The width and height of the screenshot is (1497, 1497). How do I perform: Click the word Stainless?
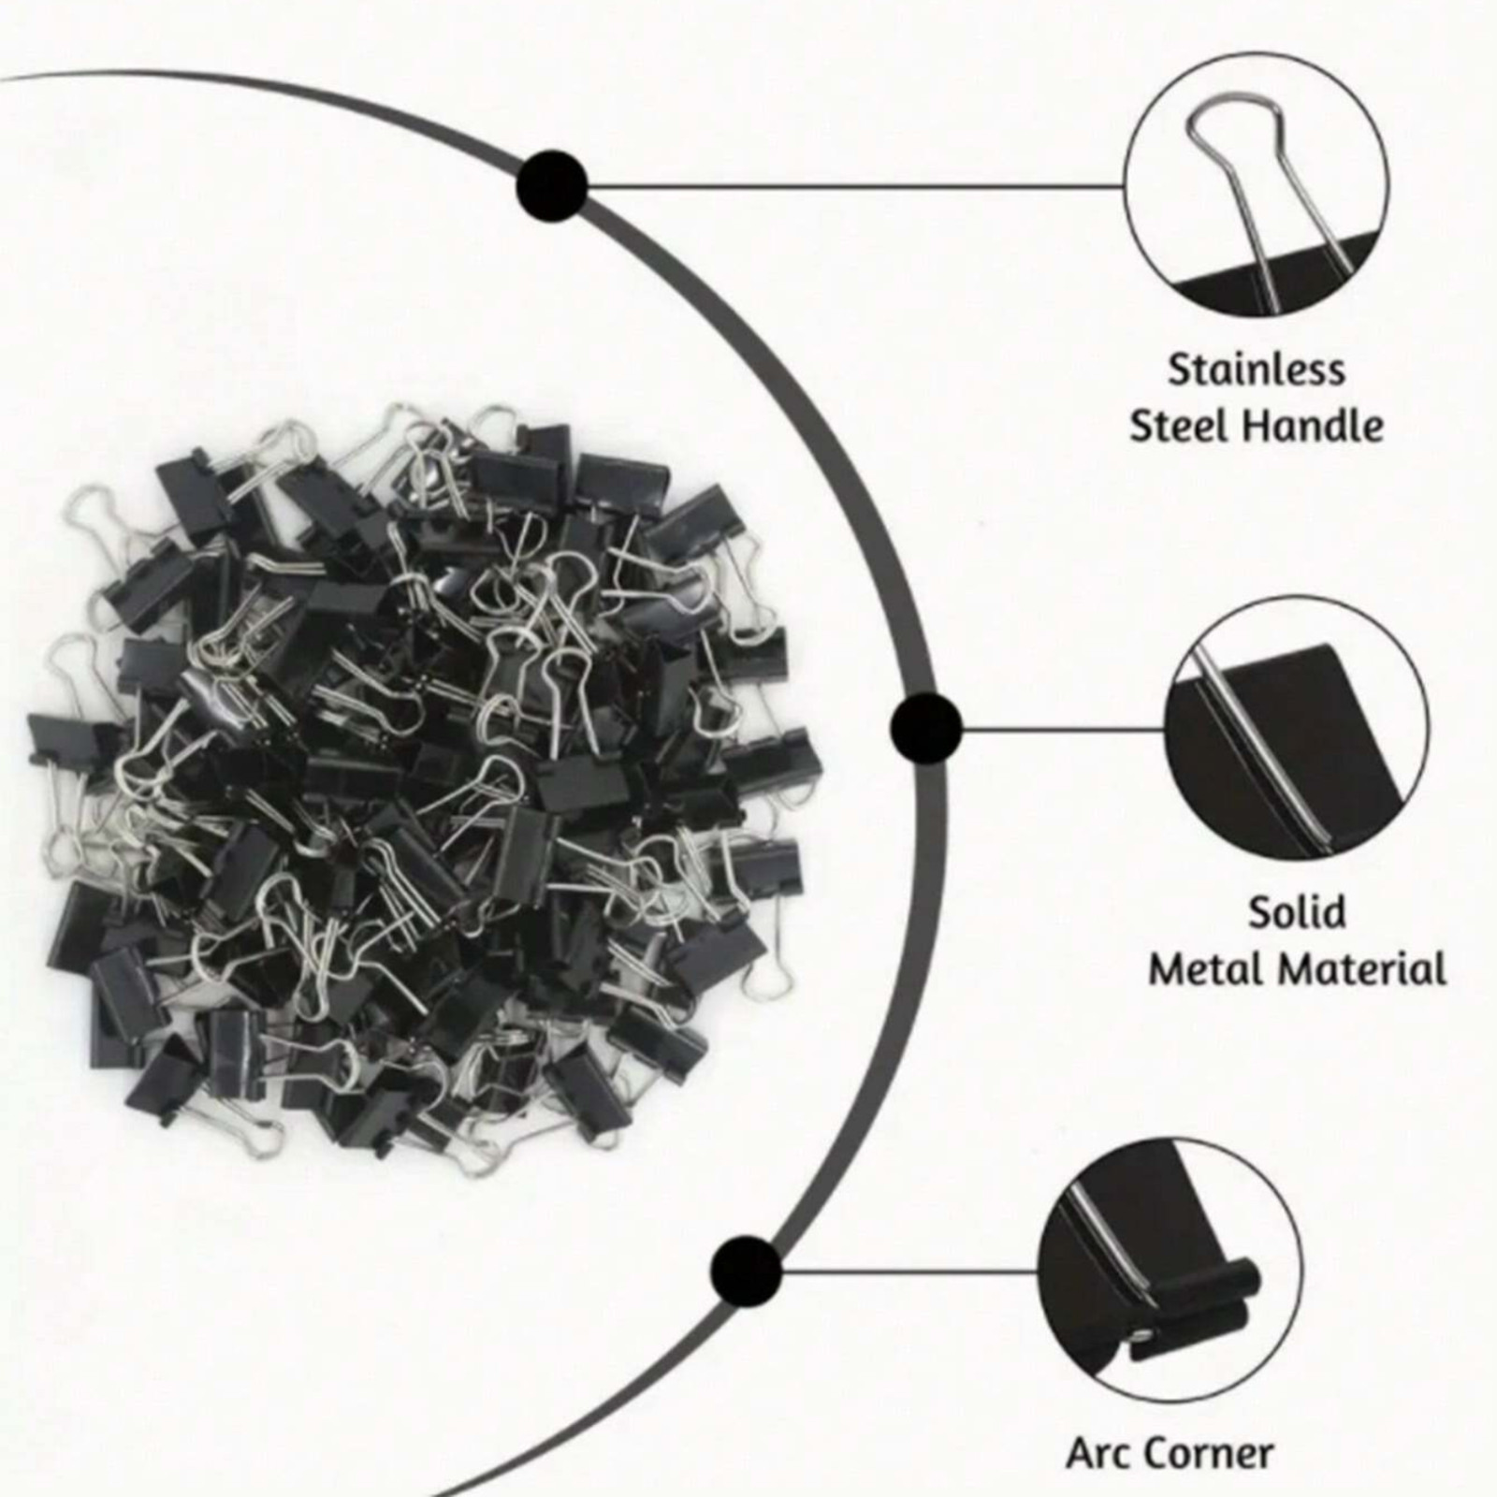pos(1256,370)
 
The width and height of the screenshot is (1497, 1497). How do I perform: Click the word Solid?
pos(1297,911)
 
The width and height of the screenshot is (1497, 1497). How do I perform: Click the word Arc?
pos(1100,1453)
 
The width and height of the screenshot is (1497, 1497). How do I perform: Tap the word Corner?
pos(1211,1453)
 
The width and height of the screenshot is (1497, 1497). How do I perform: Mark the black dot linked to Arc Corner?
pos(746,1271)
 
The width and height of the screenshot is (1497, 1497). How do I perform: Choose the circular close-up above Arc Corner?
pos(1170,1271)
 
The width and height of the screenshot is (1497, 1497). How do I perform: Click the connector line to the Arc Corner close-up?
pos(909,1271)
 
